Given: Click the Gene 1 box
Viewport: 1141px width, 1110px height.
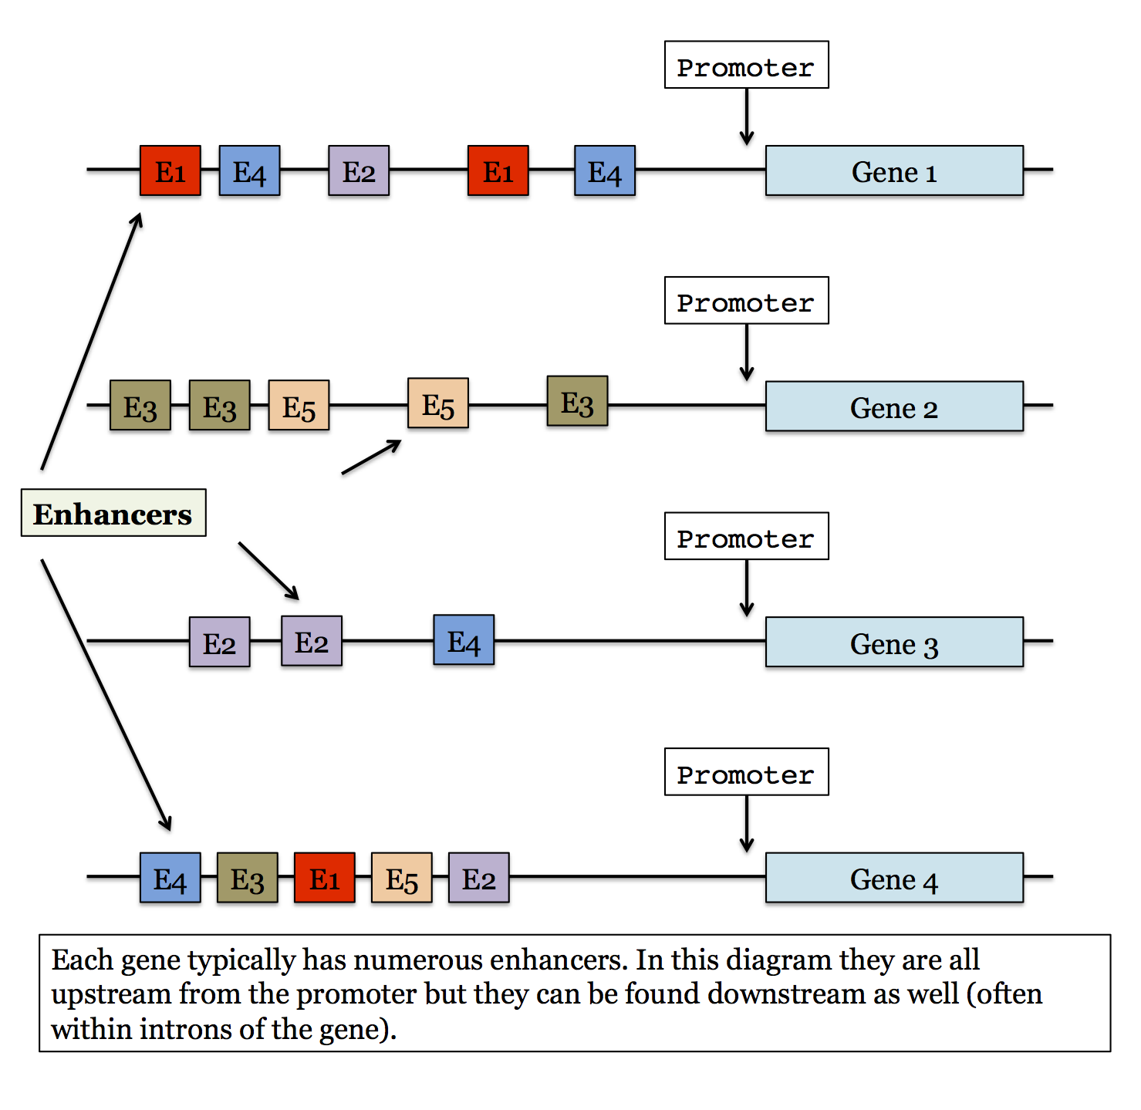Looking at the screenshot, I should coord(894,170).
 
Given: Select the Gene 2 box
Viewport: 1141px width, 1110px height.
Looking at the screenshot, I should coord(894,407).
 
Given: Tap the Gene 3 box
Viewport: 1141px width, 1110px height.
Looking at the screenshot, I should coord(894,642).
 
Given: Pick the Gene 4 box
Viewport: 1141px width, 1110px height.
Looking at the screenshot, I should coord(894,878).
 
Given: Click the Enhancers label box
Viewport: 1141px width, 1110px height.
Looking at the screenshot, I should coord(113,513).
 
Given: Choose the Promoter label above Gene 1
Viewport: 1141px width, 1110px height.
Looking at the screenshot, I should coord(746,66).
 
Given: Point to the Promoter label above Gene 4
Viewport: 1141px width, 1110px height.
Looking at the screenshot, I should coord(746,772).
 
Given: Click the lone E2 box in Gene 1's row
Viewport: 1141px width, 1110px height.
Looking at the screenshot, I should coord(359,170).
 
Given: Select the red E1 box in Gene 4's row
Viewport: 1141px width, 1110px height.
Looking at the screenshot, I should coord(325,878).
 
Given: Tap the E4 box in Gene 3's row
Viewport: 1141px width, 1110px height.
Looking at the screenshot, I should coord(464,640).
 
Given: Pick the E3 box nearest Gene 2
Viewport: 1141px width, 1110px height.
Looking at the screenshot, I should coord(577,401).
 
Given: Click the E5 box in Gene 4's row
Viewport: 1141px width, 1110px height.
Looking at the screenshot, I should coord(402,878).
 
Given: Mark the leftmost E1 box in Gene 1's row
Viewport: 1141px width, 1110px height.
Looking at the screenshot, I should coord(170,170).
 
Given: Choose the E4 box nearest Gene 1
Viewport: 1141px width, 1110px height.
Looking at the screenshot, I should coord(605,170).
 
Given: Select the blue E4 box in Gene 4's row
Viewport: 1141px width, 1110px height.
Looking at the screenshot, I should coord(170,878).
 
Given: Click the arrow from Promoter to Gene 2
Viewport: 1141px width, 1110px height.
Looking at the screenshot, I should coord(747,352).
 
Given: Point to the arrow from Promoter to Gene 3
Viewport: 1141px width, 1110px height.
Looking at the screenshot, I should coord(747,588).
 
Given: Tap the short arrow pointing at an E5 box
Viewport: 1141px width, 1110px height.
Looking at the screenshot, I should coord(371,457).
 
